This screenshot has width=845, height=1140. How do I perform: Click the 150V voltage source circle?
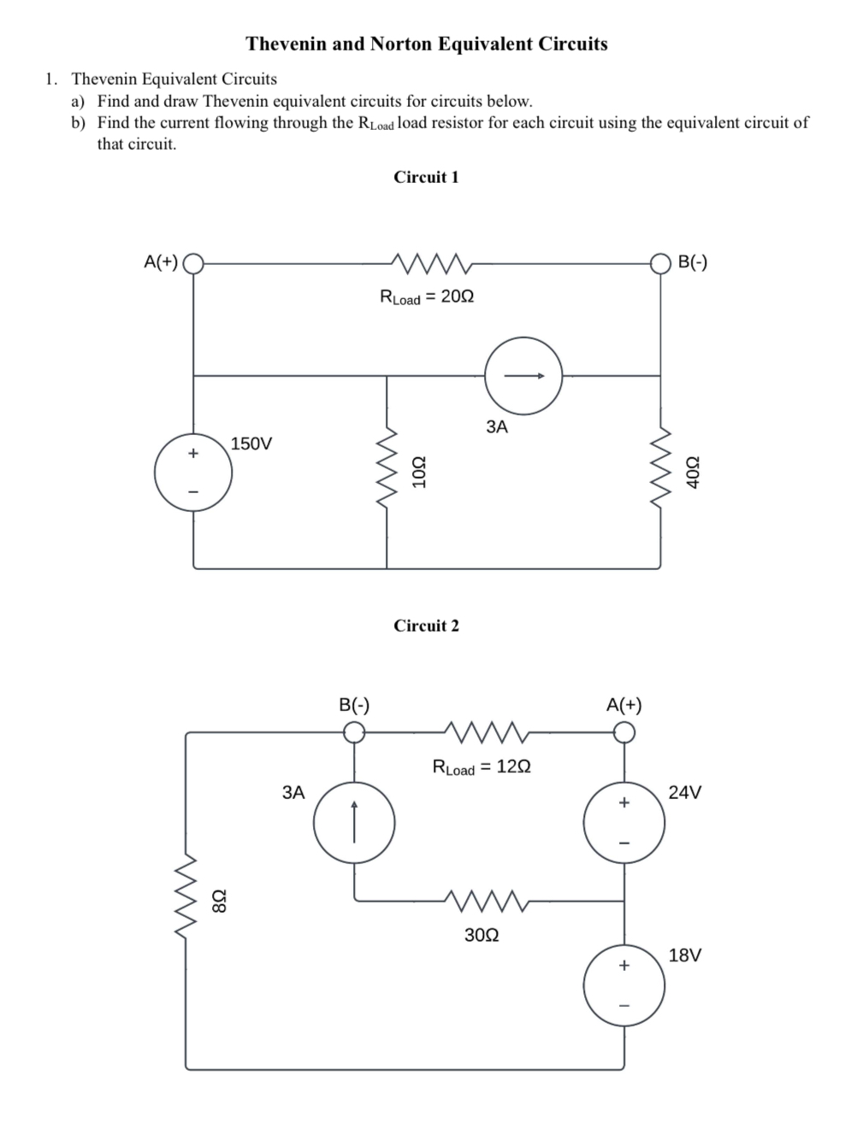coord(193,475)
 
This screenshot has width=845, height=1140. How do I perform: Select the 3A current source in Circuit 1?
coord(523,375)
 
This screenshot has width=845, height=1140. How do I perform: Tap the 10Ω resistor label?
coord(419,473)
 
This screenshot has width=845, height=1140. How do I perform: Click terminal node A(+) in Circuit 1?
coord(194,262)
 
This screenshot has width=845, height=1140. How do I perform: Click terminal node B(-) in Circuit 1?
coord(660,262)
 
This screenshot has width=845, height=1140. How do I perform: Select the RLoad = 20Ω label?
coord(427,297)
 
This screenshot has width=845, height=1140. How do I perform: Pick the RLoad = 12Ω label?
coord(482,767)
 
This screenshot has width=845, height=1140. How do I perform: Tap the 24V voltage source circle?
coord(624,823)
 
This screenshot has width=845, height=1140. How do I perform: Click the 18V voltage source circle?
coord(624,985)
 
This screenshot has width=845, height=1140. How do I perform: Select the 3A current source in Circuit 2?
coord(354,823)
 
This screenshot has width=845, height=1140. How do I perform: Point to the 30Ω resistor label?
coord(482,935)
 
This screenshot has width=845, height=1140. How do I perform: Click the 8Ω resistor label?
coord(220,900)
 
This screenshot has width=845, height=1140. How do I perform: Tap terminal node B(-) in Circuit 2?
coord(354,732)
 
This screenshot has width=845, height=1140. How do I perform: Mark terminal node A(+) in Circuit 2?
coord(624,732)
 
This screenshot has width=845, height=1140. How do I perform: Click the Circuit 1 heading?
coord(426,177)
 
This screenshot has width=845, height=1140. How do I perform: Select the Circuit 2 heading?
coord(426,626)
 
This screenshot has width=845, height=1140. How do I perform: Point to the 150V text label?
coord(251,444)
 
